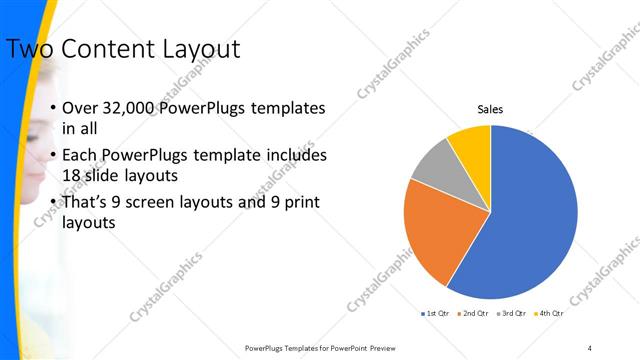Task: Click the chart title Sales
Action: (x=490, y=109)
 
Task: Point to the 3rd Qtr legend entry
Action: (x=510, y=314)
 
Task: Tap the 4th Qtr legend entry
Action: (x=549, y=314)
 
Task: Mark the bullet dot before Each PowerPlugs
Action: (x=51, y=157)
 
